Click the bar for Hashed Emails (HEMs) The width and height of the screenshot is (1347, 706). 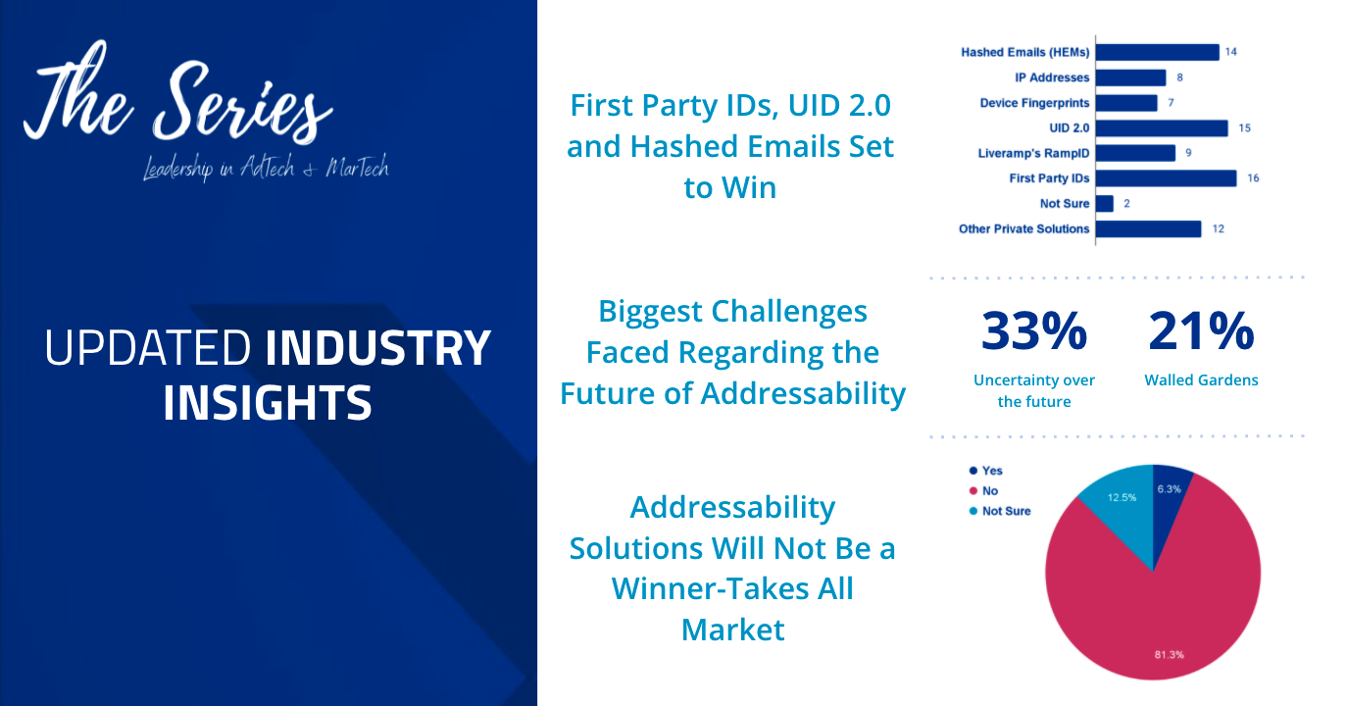click(1157, 52)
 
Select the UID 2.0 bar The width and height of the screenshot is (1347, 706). click(1162, 127)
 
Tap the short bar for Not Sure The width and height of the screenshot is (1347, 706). click(1104, 204)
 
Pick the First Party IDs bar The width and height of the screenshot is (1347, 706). click(1166, 178)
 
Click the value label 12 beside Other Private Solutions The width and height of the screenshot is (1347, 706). click(1218, 229)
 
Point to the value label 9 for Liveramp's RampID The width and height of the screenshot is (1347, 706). click(1188, 153)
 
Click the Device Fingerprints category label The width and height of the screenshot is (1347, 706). click(1034, 103)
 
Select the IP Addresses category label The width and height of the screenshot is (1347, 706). click(1052, 77)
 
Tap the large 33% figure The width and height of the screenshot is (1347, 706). click(1034, 331)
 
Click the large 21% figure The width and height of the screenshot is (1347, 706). click(1201, 331)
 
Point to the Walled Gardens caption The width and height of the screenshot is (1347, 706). click(1201, 380)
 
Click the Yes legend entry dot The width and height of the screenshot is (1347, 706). click(973, 471)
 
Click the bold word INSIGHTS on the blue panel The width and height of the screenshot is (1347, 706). click(268, 403)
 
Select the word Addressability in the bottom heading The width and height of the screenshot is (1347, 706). click(732, 507)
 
